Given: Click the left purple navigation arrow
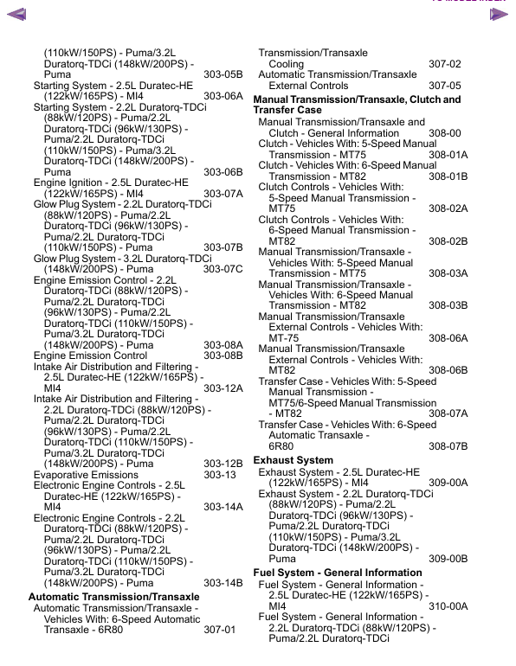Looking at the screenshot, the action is coord(16,14).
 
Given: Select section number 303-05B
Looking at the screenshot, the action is coord(223,75).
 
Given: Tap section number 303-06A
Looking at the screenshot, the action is coord(223,97).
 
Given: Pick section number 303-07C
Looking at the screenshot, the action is coord(223,269).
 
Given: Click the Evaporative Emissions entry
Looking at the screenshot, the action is coord(86,475).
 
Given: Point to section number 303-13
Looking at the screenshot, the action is coord(219,475).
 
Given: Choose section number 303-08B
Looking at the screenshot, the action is coord(223,355).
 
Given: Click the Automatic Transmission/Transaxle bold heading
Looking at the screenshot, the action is coord(113,597).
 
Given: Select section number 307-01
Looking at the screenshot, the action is coord(219,630).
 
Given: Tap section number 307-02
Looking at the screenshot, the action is coord(444,64).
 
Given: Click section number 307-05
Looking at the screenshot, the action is coord(444,86).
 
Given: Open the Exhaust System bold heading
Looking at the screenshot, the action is coord(293,460).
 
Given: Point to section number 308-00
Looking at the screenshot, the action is coord(444,133).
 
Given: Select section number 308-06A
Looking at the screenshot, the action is coord(448,338).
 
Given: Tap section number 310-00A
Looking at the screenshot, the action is coord(448,606).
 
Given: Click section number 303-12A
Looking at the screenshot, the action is coord(223,388).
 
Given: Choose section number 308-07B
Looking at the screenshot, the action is coord(448,446).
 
